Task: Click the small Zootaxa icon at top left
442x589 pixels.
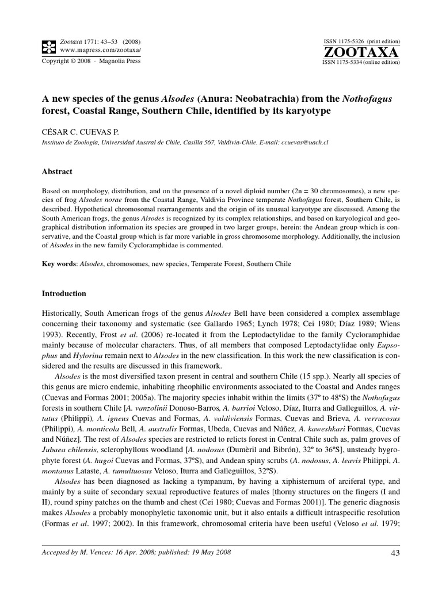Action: (x=49, y=45)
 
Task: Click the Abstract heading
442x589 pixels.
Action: (x=58, y=171)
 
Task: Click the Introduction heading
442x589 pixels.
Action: (x=64, y=293)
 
